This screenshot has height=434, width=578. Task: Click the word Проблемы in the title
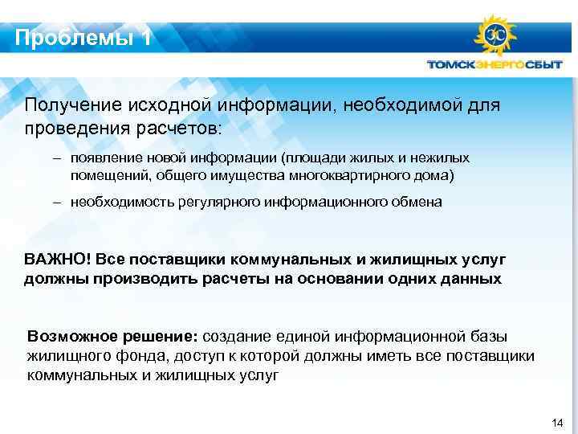pos(71,37)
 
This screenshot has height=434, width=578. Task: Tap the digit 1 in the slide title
pos(145,37)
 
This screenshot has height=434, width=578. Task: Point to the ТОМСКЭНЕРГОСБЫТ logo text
pos(494,65)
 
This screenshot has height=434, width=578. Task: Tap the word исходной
pos(169,104)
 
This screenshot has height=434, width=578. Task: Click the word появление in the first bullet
pos(104,158)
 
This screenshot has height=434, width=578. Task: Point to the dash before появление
pos(58,158)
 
